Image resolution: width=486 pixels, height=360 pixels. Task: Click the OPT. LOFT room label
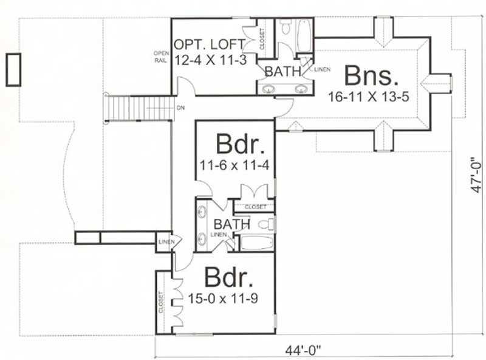pos(209,44)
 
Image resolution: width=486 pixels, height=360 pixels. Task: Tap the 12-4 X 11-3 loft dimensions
pos(209,60)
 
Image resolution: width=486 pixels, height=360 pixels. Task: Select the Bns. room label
pos(372,77)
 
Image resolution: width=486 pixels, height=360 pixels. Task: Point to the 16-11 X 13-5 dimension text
pos(371,96)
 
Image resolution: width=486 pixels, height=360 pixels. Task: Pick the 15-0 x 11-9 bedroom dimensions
pos(228,300)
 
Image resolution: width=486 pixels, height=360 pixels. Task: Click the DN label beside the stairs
pos(180,108)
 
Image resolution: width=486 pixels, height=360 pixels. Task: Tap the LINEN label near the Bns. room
pos(323,69)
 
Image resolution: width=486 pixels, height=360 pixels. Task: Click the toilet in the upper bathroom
pos(286,27)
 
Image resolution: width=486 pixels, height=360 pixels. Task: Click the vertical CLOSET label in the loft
pos(262,38)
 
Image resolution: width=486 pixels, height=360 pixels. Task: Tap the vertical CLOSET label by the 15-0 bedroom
pos(161,302)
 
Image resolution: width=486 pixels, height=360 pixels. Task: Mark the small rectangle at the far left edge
pos(13,69)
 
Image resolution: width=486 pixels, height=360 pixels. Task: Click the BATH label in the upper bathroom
pos(282,72)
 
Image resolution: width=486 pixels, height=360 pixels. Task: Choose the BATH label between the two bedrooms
pos(232,224)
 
